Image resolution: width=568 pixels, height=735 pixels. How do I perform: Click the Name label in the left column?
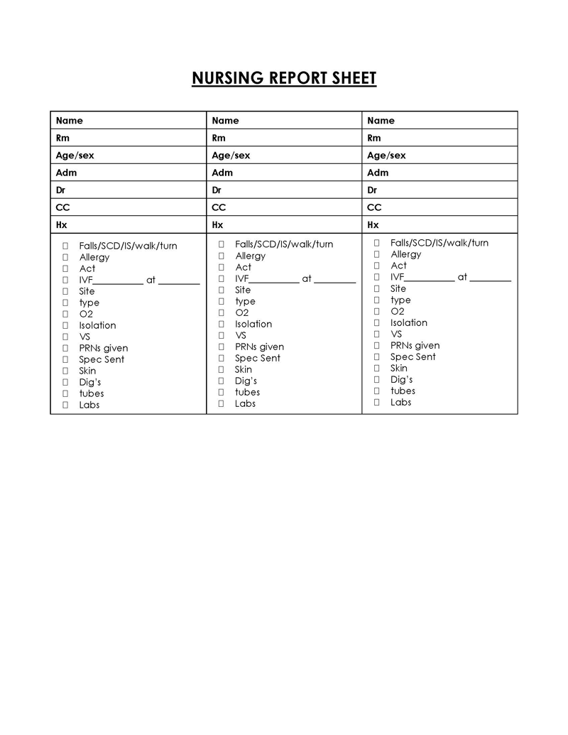70,121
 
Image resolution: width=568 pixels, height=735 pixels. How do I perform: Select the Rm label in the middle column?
219,138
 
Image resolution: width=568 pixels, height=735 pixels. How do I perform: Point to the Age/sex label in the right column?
386,156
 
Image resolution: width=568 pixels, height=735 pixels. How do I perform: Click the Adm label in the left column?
66,173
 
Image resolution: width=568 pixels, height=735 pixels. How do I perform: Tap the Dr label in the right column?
372,190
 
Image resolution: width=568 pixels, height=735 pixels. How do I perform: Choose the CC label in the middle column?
219,207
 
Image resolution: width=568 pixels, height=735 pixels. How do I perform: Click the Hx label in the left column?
62,225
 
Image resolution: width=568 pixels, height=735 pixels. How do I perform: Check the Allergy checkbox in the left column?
65,257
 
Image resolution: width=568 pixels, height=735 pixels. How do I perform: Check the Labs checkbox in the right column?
377,402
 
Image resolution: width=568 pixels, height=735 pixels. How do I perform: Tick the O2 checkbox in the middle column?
221,312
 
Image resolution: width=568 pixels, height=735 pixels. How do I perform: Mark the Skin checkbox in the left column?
65,371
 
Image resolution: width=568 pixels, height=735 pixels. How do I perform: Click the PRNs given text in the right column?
415,345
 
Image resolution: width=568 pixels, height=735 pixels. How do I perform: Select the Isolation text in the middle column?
253,324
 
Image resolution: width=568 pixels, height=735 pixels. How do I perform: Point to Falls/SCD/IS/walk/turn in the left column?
128,246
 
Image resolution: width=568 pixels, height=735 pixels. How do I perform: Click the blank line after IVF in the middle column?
274,281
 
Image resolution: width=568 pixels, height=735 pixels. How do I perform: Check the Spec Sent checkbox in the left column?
65,359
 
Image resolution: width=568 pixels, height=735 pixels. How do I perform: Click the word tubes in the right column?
403,391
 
